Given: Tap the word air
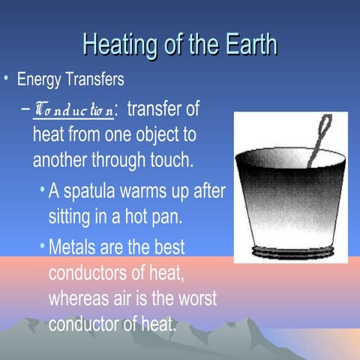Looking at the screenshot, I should (133, 298).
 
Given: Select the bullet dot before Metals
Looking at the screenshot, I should (42, 246).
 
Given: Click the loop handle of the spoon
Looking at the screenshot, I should (325, 127).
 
